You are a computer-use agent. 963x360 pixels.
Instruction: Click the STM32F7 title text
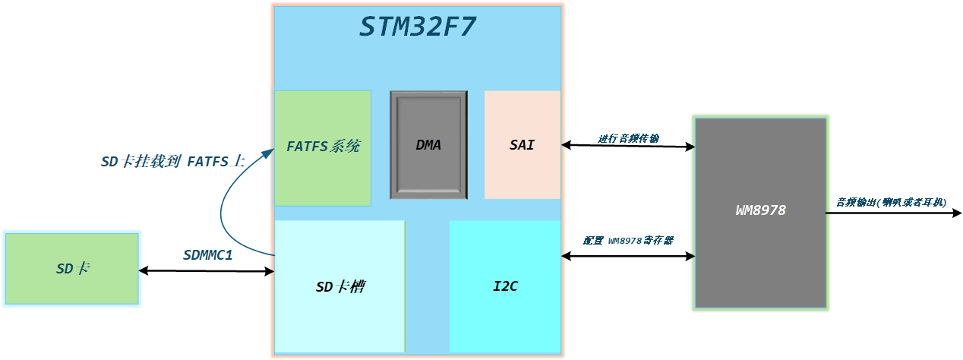point(418,27)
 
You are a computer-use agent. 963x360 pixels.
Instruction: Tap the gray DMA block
point(428,145)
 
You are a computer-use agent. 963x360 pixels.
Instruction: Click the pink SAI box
point(522,145)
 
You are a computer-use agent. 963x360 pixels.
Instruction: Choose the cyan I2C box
point(505,286)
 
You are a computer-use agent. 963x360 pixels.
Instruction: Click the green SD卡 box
point(72,269)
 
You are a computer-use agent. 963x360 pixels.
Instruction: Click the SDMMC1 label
point(207,254)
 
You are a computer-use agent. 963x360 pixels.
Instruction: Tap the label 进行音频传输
point(628,138)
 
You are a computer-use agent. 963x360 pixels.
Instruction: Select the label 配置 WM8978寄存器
point(628,240)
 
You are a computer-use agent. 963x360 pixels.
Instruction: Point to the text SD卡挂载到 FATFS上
point(172,162)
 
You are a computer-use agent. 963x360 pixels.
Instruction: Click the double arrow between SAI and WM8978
point(628,146)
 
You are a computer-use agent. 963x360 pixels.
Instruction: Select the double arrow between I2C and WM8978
point(628,257)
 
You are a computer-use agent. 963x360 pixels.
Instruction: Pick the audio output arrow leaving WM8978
point(889,213)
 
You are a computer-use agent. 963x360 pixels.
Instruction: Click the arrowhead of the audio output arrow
point(957,213)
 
